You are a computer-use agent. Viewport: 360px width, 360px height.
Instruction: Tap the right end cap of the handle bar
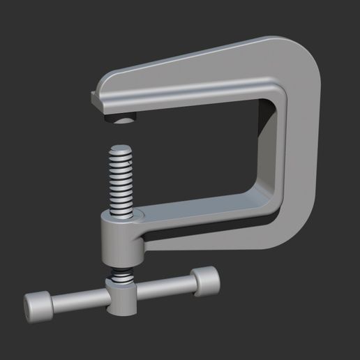tap(206, 280)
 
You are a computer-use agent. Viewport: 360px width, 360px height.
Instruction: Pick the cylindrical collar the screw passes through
tap(121, 241)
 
